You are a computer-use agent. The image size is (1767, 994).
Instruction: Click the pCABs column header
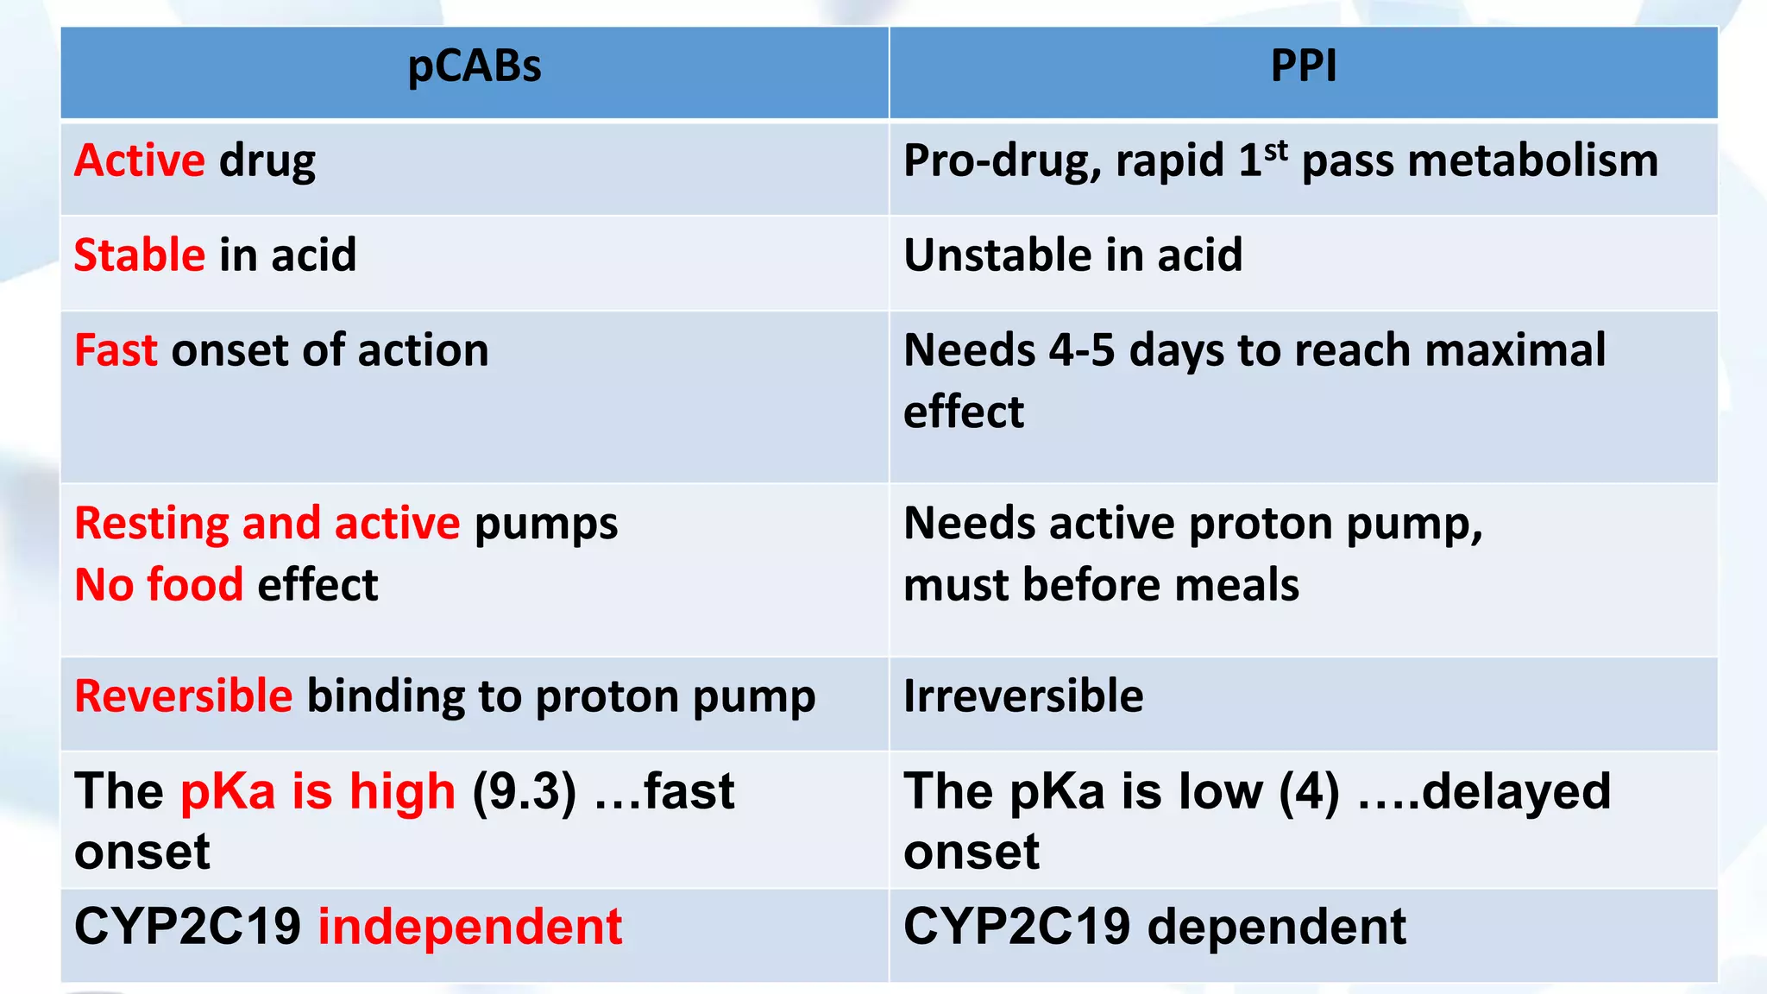coord(475,66)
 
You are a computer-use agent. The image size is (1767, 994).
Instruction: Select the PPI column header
coord(1304,66)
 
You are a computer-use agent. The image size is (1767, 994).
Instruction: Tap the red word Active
coord(140,160)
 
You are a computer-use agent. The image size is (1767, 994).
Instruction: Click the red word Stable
coord(140,255)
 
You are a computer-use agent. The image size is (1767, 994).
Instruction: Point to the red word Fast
coord(116,350)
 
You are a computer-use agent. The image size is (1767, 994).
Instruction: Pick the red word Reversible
coord(184,695)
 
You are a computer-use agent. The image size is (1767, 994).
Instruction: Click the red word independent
coord(470,927)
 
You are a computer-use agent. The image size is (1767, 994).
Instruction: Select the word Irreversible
coord(1023,695)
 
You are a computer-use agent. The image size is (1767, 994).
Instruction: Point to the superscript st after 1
coord(1276,150)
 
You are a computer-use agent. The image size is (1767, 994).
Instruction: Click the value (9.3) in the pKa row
coord(524,792)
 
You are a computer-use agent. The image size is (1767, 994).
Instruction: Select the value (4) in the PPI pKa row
coord(1310,792)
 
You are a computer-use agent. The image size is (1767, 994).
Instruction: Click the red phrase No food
coord(159,585)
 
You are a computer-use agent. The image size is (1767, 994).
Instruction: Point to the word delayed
coord(1516,790)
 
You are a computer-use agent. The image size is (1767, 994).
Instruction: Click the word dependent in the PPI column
coord(1277,927)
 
